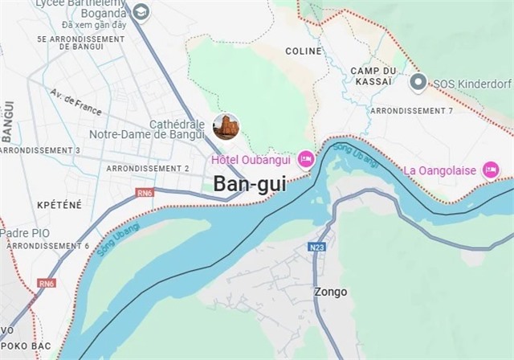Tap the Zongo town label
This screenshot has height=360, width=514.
(331, 292)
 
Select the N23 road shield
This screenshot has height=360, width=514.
(317, 247)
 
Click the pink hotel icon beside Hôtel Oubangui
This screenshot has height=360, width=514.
(305, 158)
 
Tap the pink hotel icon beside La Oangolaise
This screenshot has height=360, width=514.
(490, 170)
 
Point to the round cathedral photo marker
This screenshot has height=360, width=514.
(226, 126)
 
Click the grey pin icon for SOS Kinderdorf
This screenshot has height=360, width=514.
(418, 82)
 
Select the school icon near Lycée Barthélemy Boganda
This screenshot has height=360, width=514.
(141, 11)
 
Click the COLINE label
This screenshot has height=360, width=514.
(303, 51)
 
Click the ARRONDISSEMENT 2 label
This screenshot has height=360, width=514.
(148, 169)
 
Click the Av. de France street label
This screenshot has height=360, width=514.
(75, 102)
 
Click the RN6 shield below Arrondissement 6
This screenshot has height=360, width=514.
(47, 283)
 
